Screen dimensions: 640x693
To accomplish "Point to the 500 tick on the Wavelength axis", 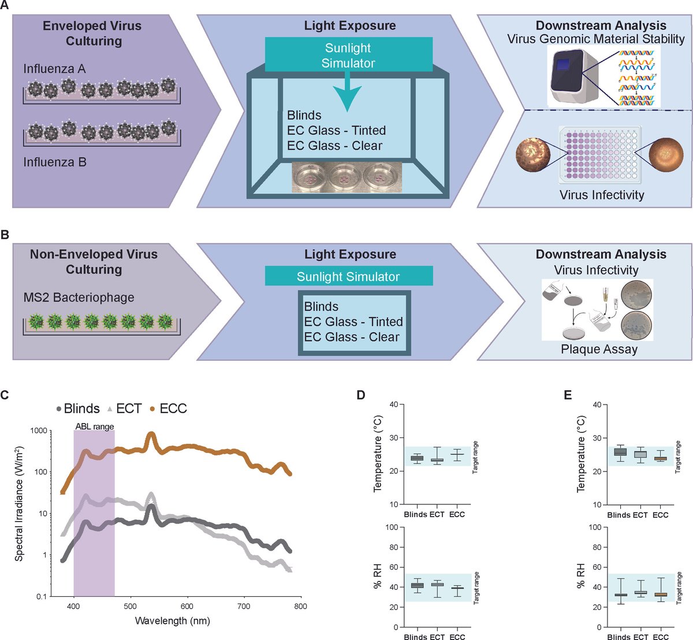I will coord(131,607).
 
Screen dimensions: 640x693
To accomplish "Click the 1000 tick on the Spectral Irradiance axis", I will coord(38,431).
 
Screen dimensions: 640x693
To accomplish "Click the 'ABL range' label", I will coord(94,426).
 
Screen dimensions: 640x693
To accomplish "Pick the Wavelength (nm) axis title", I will coord(172,621).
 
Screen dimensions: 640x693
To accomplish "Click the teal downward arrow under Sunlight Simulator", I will coord(348,95).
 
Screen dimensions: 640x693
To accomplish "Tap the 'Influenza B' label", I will coord(55,162).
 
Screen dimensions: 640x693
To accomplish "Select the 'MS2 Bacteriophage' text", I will coord(79,298).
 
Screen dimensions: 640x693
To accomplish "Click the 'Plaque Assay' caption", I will coord(599,349).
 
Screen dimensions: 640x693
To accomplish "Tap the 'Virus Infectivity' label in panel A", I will coord(601,195).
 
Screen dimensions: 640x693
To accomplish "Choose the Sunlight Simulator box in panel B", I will coord(348,276).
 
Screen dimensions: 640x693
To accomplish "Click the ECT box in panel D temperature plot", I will coord(437,460).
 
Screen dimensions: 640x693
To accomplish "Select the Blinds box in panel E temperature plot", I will coord(620,452).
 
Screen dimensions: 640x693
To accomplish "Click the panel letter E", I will coord(567,395).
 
